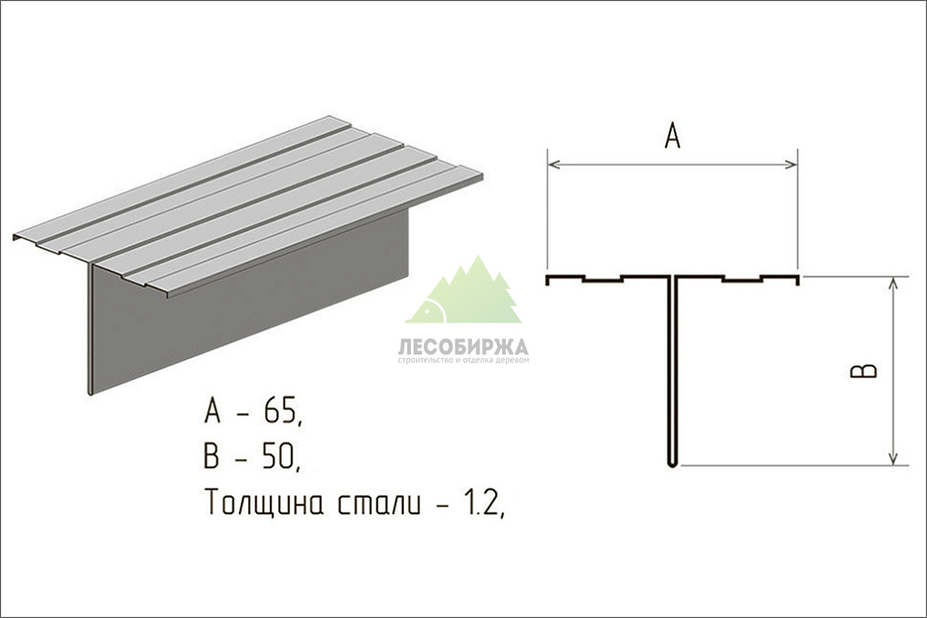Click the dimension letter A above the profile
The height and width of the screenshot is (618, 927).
tap(672, 136)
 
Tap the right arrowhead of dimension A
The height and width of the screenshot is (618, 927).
tap(791, 164)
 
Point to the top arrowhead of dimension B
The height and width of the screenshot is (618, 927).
tap(893, 283)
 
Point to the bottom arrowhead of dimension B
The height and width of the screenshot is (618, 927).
tap(893, 458)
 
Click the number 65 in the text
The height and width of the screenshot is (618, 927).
tap(280, 411)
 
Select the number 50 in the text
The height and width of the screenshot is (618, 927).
tap(278, 457)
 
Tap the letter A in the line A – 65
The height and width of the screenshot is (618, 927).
tap(212, 411)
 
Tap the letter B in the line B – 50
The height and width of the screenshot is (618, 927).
tap(211, 457)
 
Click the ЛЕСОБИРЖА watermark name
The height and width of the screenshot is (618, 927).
tap(463, 346)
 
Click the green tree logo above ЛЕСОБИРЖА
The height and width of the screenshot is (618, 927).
tap(463, 291)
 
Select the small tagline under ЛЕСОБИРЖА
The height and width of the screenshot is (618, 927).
tap(463, 359)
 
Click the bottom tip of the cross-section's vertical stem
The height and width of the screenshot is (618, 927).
tap(672, 466)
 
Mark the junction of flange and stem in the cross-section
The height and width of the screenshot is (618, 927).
tap(672, 277)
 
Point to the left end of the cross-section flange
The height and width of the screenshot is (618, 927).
tap(547, 280)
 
